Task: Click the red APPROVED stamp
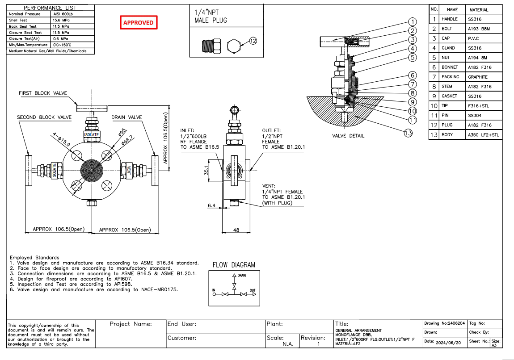click(139, 23)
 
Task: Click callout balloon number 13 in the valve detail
click(408, 132)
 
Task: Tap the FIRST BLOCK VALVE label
click(43, 93)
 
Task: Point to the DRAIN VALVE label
click(126, 117)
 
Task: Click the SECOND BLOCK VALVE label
click(44, 117)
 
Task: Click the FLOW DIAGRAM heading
click(234, 265)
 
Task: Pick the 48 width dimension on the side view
click(236, 230)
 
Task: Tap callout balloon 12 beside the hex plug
click(253, 41)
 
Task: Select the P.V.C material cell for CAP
click(473, 38)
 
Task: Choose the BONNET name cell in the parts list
click(450, 67)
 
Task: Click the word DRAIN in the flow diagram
click(241, 276)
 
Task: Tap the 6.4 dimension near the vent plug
click(211, 205)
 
